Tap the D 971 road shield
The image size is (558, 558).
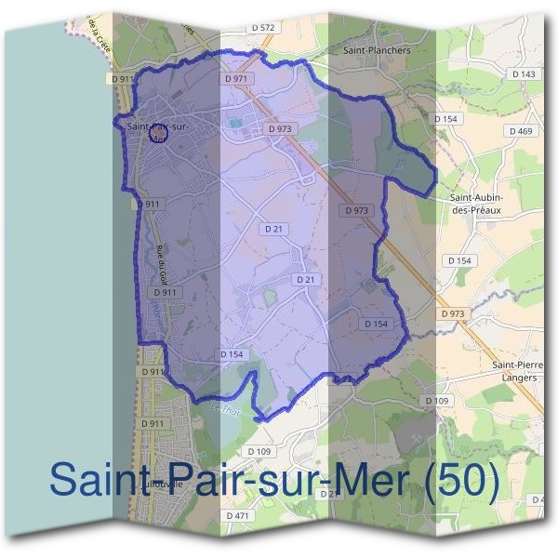pyautogui.click(x=237, y=80)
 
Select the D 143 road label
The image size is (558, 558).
pyautogui.click(x=525, y=73)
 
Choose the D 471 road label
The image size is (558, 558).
pyautogui.click(x=239, y=515)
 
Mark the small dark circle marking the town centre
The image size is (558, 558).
pyautogui.click(x=158, y=136)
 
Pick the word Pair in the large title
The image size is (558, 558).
pyautogui.click(x=192, y=481)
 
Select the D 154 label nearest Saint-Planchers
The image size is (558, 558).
pyautogui.click(x=446, y=119)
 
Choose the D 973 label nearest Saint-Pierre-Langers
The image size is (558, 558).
pyautogui.click(x=452, y=314)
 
